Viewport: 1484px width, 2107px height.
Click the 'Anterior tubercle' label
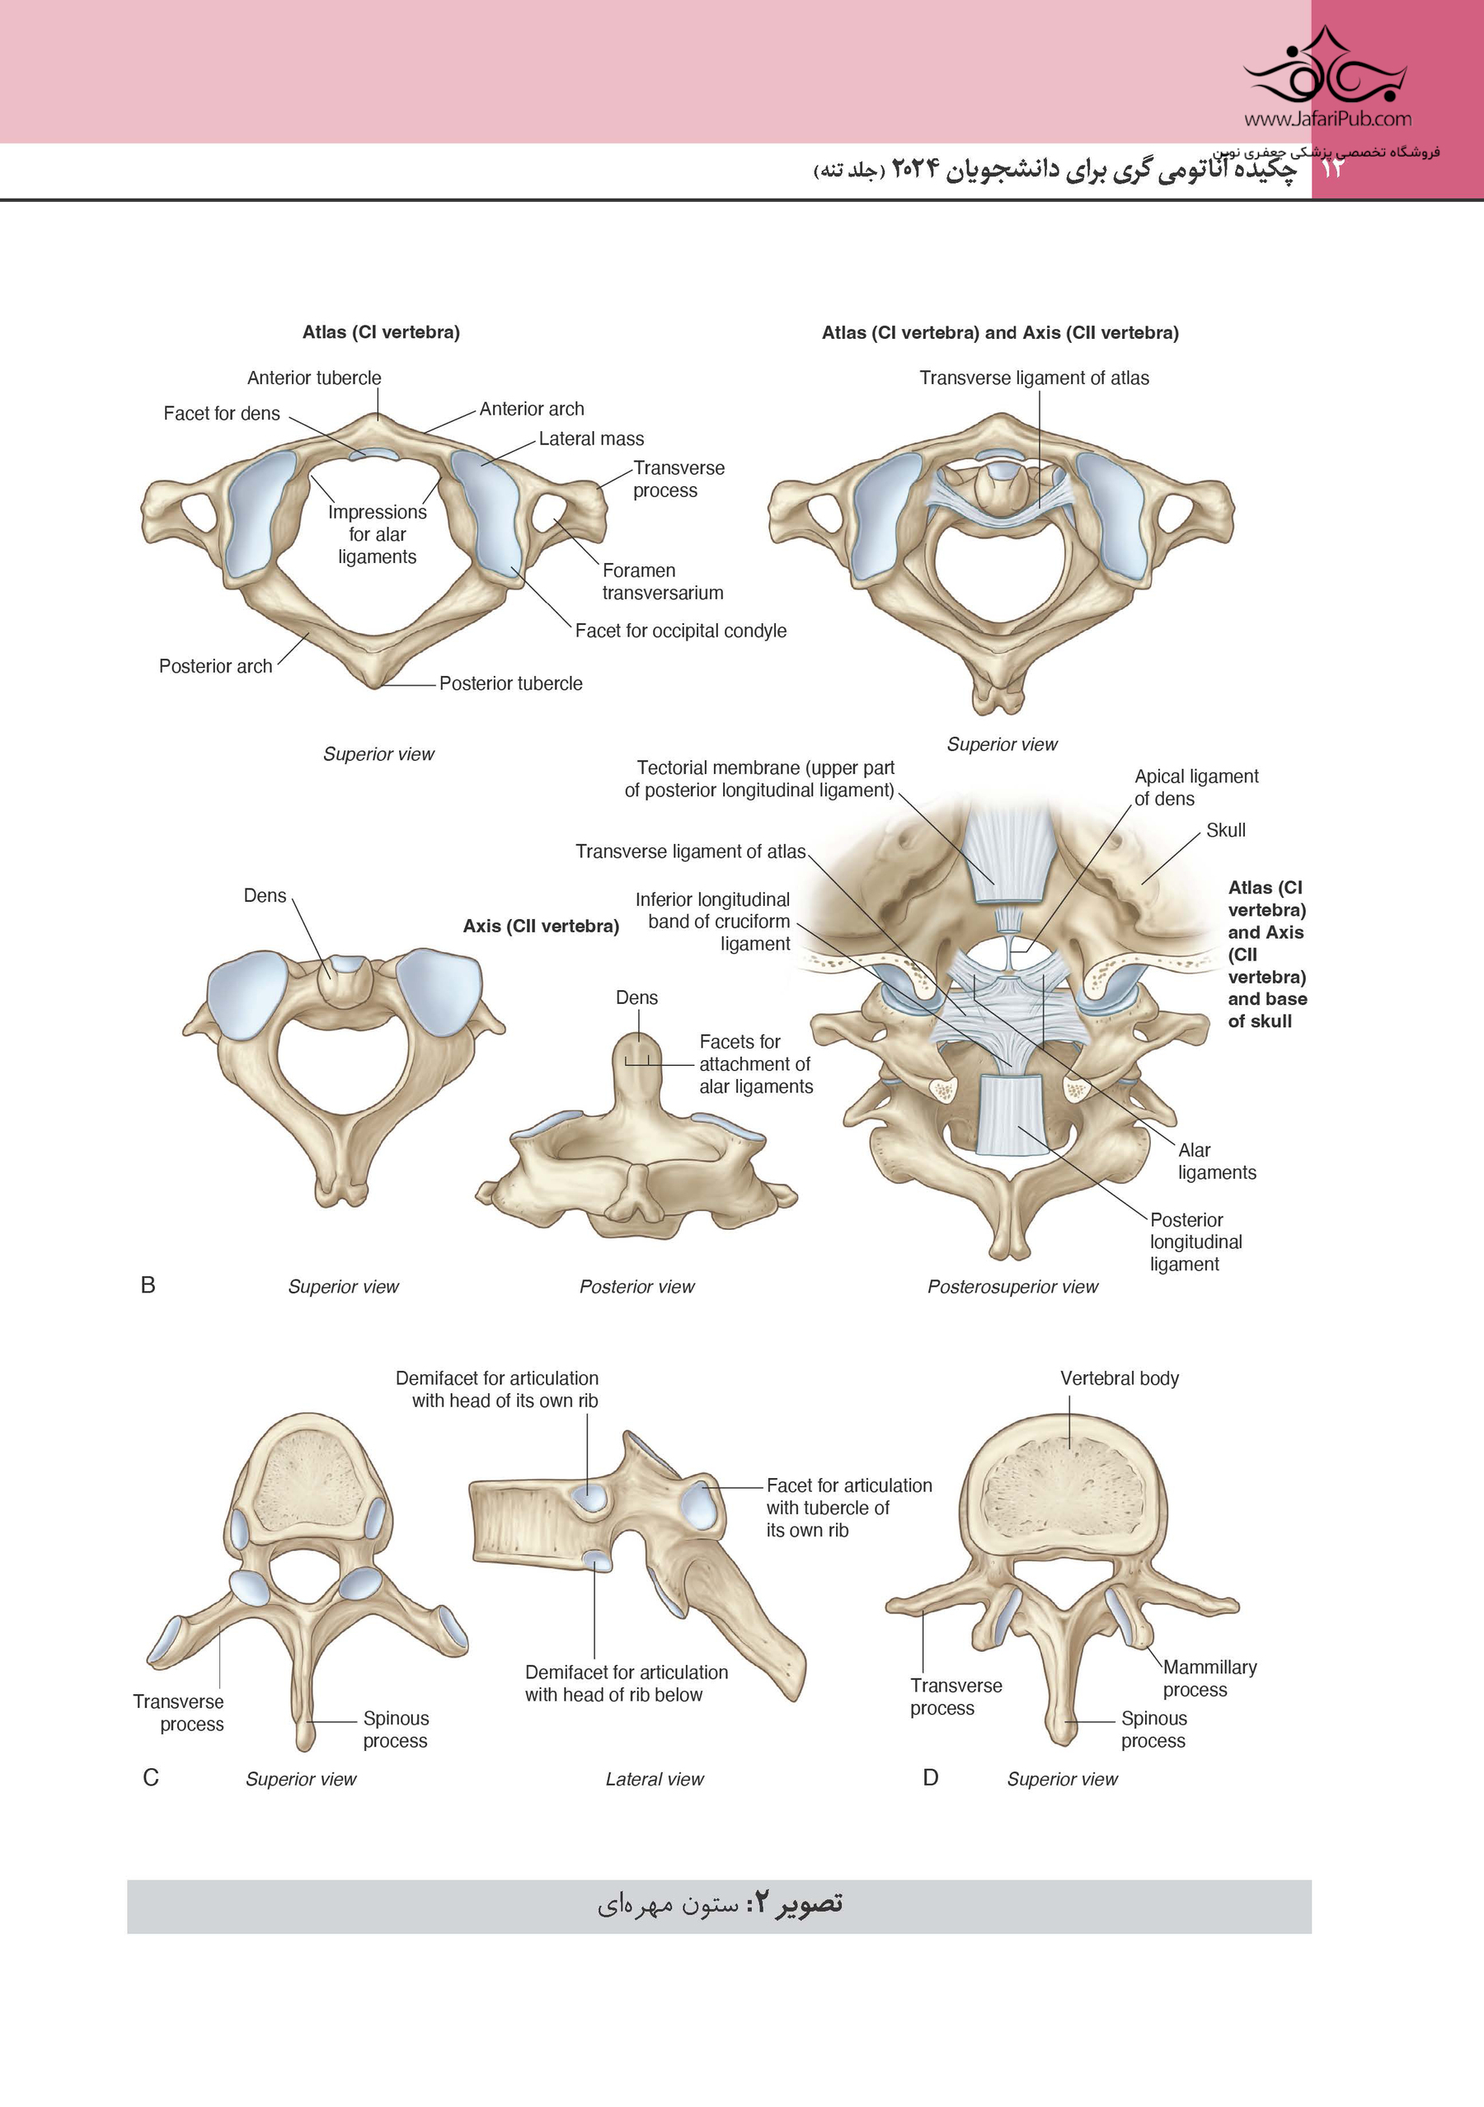[x=314, y=378]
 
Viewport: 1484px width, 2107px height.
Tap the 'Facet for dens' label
[x=221, y=414]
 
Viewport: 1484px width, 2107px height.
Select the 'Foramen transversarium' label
[x=662, y=582]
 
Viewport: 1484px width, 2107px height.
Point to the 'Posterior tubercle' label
[x=510, y=683]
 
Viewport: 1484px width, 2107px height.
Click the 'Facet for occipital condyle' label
[x=680, y=631]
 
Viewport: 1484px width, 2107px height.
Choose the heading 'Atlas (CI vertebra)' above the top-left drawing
[x=381, y=332]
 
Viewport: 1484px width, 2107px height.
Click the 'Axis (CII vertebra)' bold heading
[x=541, y=926]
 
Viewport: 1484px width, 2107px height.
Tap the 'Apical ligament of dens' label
[x=1195, y=787]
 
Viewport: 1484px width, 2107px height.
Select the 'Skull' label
[x=1225, y=830]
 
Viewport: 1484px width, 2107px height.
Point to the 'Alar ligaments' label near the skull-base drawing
[x=1216, y=1161]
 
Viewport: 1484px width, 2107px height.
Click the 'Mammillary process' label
[x=1209, y=1678]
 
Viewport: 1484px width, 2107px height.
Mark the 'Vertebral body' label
[x=1119, y=1378]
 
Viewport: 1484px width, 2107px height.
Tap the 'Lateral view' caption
[x=655, y=1780]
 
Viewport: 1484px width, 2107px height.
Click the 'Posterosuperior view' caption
[x=1012, y=1287]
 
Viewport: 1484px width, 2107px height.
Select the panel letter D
[x=931, y=1778]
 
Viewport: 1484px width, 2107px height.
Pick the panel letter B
[x=148, y=1286]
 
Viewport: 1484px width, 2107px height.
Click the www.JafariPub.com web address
[x=1327, y=119]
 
